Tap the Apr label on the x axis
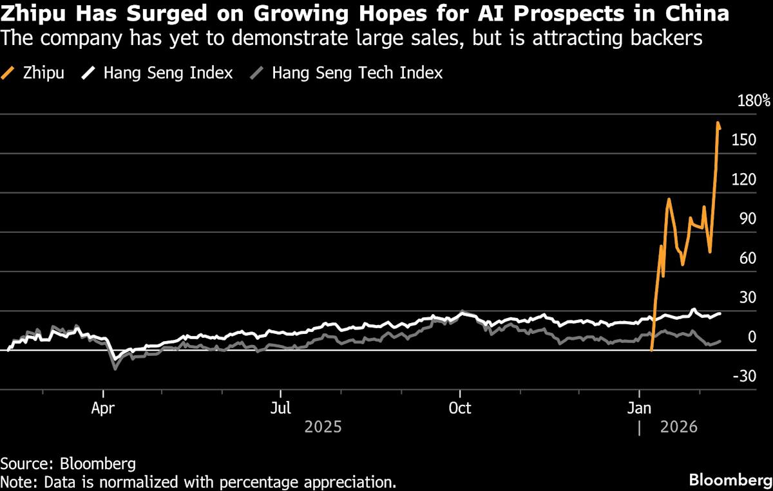(103, 409)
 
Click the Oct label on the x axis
(459, 409)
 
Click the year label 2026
(679, 427)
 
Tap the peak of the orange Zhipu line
(718, 122)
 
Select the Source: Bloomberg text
(68, 463)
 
